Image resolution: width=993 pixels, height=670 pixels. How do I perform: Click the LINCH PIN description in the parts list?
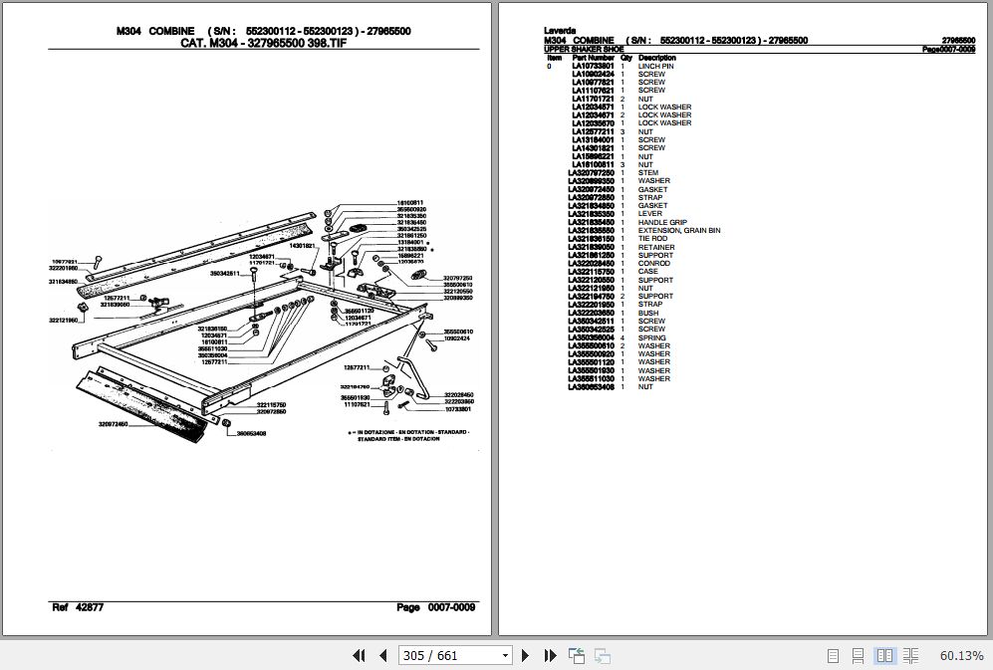pos(656,66)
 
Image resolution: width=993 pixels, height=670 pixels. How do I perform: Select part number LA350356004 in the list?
pos(593,337)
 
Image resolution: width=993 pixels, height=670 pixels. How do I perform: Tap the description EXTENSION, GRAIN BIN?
pos(679,231)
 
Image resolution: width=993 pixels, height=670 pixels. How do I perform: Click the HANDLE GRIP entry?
pos(662,222)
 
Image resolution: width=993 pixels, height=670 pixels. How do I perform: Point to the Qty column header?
pos(626,58)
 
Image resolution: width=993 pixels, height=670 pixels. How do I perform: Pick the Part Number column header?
pos(594,58)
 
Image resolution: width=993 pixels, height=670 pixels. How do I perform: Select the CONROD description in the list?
pos(654,264)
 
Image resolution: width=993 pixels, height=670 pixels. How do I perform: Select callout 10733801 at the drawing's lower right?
pos(458,409)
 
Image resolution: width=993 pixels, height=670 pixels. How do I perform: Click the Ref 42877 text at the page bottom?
pos(78,607)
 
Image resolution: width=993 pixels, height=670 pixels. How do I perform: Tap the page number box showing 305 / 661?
pos(455,655)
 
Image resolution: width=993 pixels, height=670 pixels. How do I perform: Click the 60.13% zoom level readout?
pos(961,655)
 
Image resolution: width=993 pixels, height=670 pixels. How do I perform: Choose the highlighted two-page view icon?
pos(883,655)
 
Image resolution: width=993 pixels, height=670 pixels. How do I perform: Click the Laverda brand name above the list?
pos(559,31)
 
